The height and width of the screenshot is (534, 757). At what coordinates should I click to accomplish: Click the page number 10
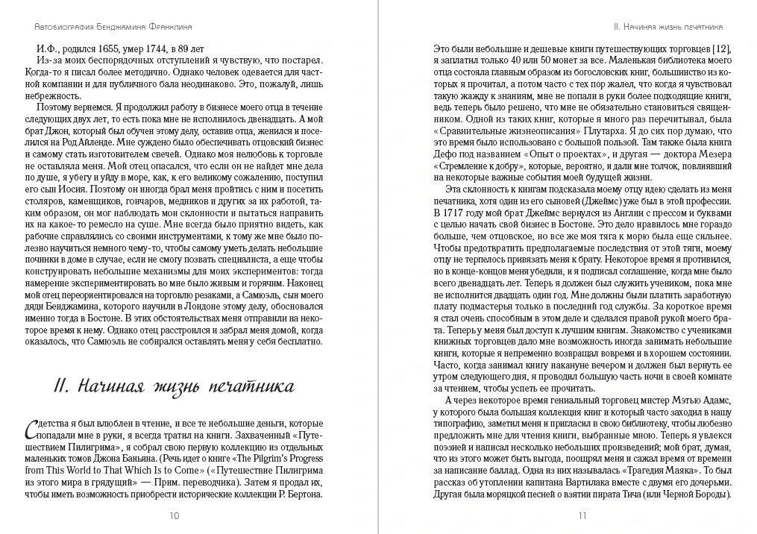click(175, 515)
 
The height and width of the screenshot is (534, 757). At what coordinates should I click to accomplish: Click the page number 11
click(582, 515)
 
